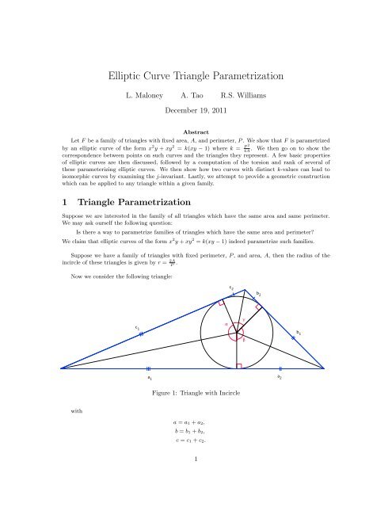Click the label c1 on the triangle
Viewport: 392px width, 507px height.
pyautogui.click(x=137, y=326)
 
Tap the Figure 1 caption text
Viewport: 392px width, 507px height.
pyautogui.click(x=195, y=393)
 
